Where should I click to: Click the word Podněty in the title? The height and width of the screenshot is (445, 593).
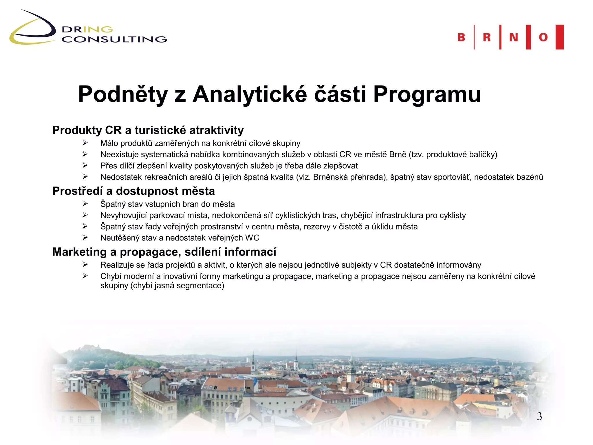(123, 94)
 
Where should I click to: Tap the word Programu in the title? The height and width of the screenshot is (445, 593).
(427, 94)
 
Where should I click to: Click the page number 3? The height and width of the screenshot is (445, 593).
(539, 416)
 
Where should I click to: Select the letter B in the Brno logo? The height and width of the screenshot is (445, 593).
(461, 37)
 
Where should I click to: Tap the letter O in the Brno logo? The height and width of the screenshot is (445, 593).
(543, 37)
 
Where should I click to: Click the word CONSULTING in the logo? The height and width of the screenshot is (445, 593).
(114, 39)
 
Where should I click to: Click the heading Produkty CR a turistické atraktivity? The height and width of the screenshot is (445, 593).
(148, 130)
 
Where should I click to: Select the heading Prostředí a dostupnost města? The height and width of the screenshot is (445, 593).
(133, 191)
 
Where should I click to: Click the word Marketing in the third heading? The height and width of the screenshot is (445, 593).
(79, 252)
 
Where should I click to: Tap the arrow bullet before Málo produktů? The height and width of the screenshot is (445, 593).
(85, 143)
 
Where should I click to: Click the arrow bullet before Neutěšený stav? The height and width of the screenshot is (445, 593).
(85, 238)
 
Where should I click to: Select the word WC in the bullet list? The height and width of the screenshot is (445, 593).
(252, 238)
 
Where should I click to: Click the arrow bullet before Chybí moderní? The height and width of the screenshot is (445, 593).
(85, 276)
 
